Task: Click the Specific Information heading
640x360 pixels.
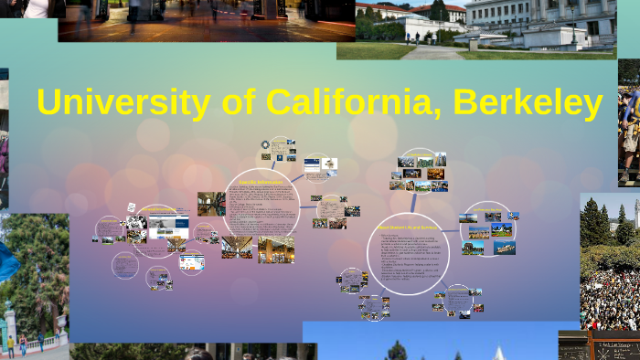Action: tap(260, 182)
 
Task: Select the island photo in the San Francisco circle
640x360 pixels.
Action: tap(501, 248)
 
